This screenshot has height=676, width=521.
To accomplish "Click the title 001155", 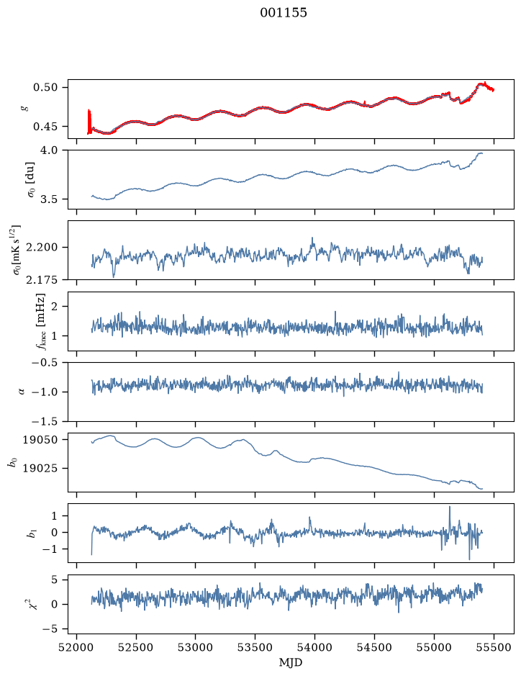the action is (283, 13).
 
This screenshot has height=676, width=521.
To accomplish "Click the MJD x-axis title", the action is (291, 662).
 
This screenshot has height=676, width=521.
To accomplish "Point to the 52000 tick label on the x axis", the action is (77, 647).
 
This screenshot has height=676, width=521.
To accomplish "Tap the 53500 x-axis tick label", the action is (255, 647).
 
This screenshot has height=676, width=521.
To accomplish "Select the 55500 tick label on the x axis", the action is (494, 647).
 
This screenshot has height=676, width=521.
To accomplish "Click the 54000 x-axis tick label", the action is (315, 647).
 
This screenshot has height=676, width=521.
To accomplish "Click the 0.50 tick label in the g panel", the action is (45, 88).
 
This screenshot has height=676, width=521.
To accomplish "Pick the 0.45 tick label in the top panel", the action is (45, 127).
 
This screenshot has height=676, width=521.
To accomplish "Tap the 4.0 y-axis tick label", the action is (49, 150).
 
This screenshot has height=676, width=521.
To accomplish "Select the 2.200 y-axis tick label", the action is (42, 248).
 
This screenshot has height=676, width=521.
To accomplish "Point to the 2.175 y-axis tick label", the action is (42, 280).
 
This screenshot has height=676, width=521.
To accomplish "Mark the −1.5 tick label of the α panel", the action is (45, 421).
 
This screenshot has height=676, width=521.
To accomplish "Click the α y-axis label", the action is (22, 392).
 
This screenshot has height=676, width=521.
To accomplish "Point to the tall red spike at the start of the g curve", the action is (89, 121).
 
